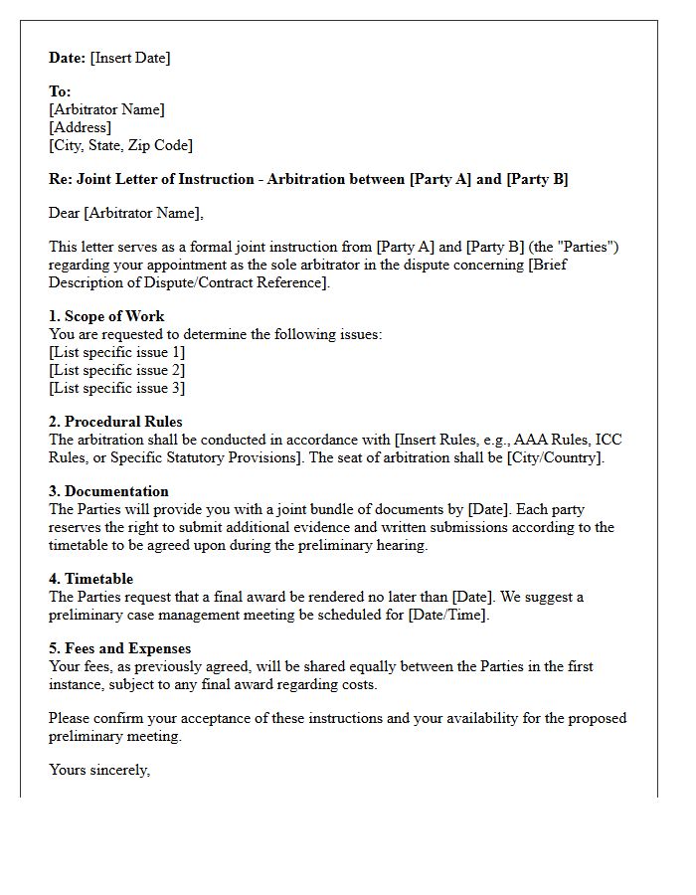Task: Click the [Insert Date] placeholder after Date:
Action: click(x=130, y=58)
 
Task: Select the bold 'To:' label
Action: click(x=60, y=91)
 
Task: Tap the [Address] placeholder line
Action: click(x=80, y=127)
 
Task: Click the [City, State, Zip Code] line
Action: click(x=120, y=145)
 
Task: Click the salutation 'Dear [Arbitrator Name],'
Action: click(x=125, y=213)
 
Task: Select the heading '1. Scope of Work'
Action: click(x=106, y=316)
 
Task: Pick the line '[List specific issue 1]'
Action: click(x=116, y=352)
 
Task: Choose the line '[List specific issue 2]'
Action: click(x=116, y=370)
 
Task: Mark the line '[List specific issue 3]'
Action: click(x=116, y=388)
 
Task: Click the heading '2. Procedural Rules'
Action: click(x=115, y=422)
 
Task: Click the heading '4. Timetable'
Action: click(x=90, y=579)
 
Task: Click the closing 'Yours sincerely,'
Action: click(x=99, y=770)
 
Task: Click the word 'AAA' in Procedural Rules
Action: click(x=531, y=440)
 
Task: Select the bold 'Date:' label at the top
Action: click(x=68, y=58)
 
